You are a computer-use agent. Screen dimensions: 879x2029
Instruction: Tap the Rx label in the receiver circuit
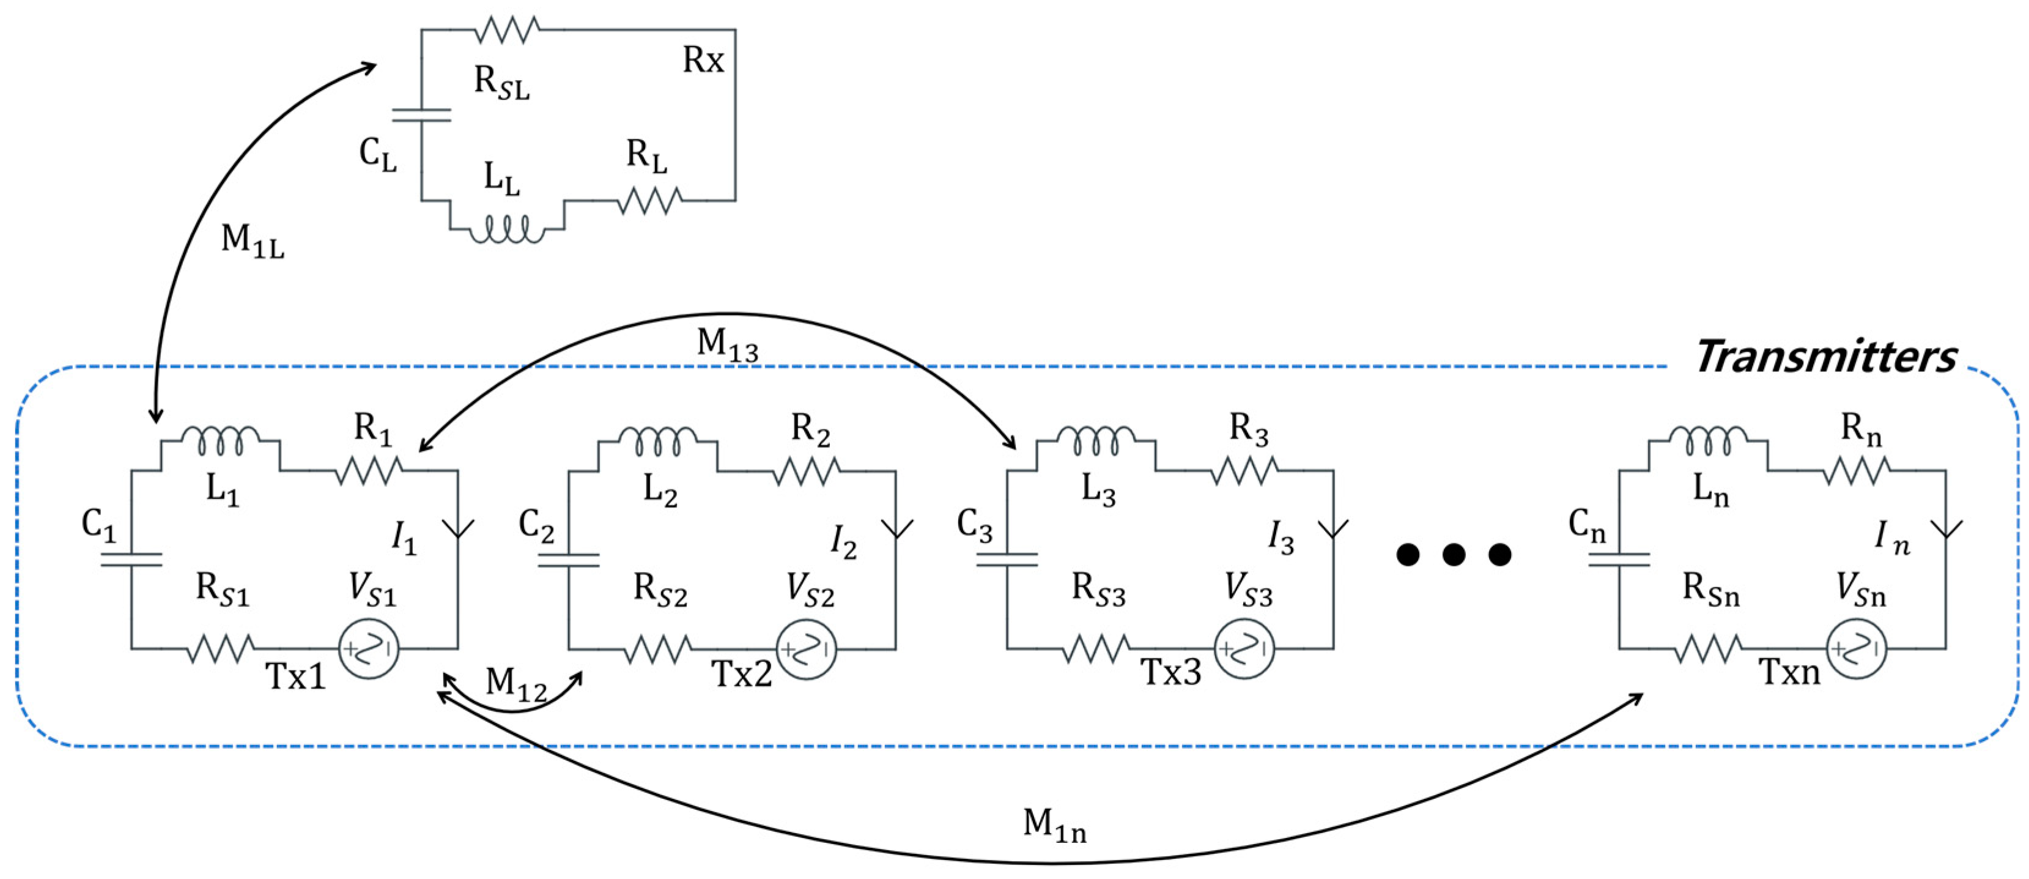pos(703,60)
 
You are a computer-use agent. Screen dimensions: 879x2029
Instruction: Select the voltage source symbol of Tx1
pos(369,648)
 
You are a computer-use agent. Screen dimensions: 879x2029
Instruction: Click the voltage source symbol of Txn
pos(1856,648)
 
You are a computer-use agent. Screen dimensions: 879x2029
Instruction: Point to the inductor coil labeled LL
pos(506,230)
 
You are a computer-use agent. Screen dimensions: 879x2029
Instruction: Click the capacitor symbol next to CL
pos(421,116)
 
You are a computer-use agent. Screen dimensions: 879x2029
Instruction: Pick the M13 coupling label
pos(727,345)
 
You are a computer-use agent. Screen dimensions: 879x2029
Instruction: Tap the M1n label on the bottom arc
pos(1054,825)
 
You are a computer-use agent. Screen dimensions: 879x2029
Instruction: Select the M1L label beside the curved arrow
pos(252,240)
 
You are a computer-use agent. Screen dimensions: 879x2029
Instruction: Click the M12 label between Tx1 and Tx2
pos(516,684)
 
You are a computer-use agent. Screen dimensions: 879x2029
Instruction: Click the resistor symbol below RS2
pos(658,649)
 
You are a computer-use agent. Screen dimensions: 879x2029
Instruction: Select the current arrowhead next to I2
pos(896,528)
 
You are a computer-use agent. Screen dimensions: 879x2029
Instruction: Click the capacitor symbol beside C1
pos(131,559)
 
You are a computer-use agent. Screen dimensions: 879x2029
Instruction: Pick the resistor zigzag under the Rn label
pos(1856,471)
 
